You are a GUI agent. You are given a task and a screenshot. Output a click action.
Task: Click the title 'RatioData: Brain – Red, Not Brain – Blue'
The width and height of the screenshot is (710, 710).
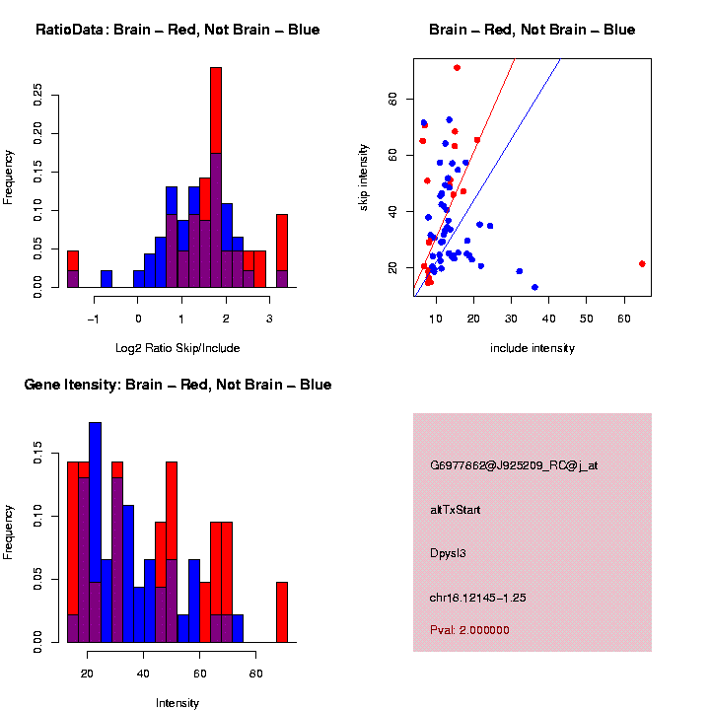coord(177,30)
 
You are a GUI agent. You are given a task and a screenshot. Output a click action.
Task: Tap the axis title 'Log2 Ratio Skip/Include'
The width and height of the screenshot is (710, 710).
coord(177,347)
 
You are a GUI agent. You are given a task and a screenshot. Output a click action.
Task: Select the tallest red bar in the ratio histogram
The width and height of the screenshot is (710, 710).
coord(216,118)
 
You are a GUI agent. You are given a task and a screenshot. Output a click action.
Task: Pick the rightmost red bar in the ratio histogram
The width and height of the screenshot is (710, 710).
coord(282,247)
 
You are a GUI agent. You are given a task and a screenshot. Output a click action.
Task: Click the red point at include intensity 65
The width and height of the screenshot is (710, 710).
coord(642,263)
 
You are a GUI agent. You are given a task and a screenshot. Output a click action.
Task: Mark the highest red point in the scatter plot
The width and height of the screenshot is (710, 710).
coord(457,67)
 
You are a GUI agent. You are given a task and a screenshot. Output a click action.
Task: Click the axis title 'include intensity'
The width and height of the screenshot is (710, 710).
coord(532,348)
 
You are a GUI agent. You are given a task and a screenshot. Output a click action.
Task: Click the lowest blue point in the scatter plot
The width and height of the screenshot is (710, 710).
coord(534,287)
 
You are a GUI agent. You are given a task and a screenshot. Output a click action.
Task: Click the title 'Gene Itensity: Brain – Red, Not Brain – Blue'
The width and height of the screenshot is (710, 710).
coord(177,384)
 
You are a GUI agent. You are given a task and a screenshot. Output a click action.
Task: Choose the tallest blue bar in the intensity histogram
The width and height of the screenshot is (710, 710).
coord(95,493)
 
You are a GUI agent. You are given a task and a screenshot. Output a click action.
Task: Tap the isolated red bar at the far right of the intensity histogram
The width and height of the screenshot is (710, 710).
coord(282,611)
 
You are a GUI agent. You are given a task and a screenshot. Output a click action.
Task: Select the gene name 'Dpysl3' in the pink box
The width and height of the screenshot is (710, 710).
coord(448,553)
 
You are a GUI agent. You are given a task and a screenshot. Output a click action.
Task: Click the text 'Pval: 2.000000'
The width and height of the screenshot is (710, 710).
coord(469,630)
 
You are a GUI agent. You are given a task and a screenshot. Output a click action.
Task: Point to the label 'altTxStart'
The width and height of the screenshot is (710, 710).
coord(456,510)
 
